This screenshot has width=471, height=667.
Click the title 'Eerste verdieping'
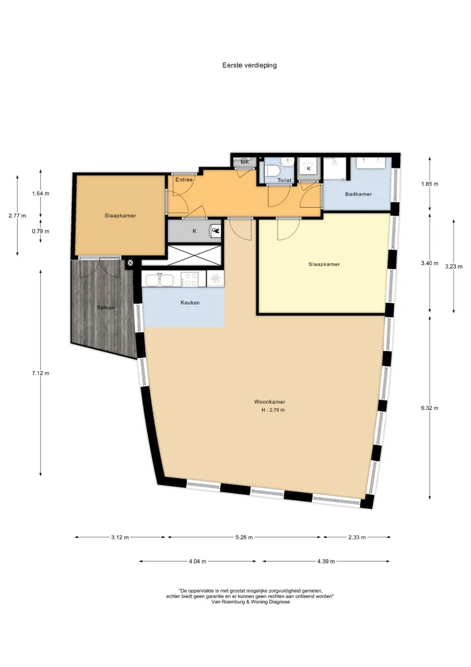tap(250, 65)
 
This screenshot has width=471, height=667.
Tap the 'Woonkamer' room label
tap(270, 401)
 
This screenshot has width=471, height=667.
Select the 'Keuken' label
tap(190, 302)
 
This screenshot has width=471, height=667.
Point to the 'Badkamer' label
tap(359, 194)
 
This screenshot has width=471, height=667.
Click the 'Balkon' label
tap(106, 307)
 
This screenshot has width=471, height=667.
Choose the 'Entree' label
tap(184, 180)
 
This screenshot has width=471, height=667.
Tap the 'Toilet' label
tap(284, 180)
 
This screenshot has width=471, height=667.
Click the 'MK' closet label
tap(245, 162)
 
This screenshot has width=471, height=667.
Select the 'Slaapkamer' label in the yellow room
tap(324, 264)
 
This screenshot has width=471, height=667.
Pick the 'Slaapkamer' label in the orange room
tap(120, 216)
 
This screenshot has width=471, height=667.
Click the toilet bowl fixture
tap(272, 171)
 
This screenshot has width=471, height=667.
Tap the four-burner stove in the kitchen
tap(189, 280)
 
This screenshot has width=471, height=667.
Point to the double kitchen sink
tap(159, 280)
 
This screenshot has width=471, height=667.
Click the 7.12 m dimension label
tap(40, 373)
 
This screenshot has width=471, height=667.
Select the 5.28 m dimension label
tap(244, 538)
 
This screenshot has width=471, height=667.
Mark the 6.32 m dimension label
tap(430, 408)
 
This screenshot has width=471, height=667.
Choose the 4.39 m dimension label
tap(326, 561)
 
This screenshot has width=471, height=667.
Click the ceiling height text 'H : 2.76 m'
tap(273, 410)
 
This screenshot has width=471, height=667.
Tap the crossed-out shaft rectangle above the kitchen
tap(195, 255)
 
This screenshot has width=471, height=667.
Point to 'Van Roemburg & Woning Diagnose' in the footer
tap(251, 602)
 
